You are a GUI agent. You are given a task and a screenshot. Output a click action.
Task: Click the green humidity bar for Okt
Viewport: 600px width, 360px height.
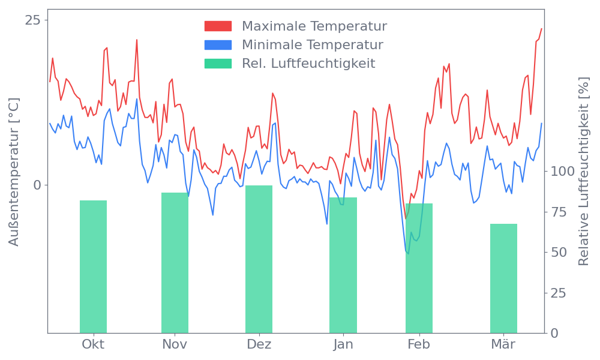pyautogui.click(x=93, y=266)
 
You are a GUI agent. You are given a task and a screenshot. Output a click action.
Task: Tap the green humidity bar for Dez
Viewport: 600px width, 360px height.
pyautogui.click(x=259, y=259)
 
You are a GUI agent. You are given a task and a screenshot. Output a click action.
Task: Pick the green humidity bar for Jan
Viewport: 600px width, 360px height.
pyautogui.click(x=343, y=265)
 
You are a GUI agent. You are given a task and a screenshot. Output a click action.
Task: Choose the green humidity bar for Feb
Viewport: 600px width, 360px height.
pyautogui.click(x=419, y=268)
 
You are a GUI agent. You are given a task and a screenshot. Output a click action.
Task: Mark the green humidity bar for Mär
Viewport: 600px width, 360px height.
pyautogui.click(x=503, y=278)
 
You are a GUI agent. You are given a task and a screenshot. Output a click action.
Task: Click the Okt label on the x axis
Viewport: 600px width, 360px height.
pyautogui.click(x=93, y=344)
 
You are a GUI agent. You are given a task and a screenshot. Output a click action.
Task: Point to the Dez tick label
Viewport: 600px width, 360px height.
pyautogui.click(x=259, y=344)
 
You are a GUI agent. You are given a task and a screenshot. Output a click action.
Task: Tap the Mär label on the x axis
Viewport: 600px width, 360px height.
pyautogui.click(x=503, y=344)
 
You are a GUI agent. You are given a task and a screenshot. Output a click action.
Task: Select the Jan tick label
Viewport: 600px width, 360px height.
pyautogui.click(x=343, y=344)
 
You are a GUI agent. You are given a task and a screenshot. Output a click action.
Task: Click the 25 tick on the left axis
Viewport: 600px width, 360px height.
pyautogui.click(x=33, y=20)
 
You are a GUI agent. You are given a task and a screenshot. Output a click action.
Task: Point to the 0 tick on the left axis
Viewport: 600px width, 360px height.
pyautogui.click(x=37, y=185)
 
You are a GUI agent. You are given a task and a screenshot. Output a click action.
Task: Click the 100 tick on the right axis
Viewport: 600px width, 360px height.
pyautogui.click(x=563, y=172)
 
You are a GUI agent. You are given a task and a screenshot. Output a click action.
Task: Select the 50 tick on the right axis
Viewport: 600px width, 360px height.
pyautogui.click(x=559, y=252)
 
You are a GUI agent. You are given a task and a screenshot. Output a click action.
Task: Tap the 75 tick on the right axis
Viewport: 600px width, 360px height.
pyautogui.click(x=559, y=212)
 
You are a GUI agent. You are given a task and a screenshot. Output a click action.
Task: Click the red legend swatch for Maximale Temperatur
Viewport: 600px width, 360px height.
pyautogui.click(x=218, y=26)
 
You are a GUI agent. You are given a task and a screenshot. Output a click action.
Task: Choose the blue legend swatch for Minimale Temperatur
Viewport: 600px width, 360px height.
pyautogui.click(x=218, y=45)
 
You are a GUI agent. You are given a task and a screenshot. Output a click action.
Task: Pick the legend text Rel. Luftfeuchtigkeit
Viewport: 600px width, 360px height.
pyautogui.click(x=308, y=64)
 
